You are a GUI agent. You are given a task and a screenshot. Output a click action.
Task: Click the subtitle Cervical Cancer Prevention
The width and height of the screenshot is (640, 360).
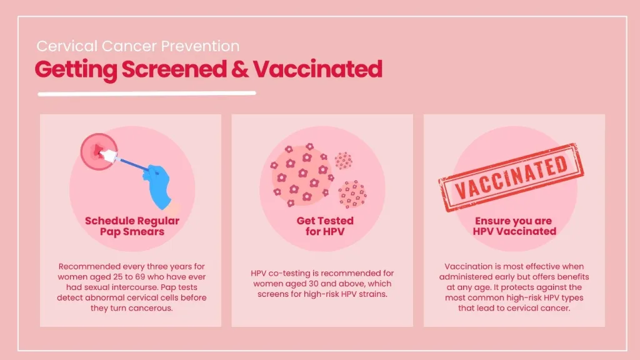(x=137, y=46)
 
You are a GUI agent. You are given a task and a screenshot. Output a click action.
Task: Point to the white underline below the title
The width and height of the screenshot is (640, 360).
(x=147, y=94)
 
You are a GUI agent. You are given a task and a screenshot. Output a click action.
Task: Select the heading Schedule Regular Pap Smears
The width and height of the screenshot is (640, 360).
(x=132, y=226)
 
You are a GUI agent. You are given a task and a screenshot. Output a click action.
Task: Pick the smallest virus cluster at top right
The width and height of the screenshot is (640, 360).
(x=343, y=161)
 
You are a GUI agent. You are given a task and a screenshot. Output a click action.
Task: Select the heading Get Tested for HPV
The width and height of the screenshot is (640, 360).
(x=324, y=226)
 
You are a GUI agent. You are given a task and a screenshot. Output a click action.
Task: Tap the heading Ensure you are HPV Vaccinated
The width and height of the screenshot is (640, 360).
(x=515, y=226)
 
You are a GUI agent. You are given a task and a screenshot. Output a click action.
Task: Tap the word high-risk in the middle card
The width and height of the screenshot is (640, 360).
(x=317, y=294)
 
